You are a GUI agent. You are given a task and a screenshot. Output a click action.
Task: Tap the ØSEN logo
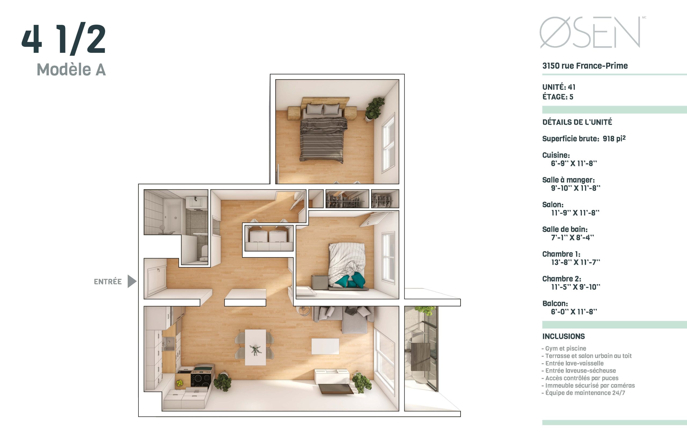(x=590, y=32)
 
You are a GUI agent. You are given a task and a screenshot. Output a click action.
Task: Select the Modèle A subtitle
(x=71, y=69)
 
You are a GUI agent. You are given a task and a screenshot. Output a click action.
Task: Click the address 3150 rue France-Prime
(x=585, y=66)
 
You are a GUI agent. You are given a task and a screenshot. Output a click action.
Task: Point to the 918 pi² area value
(x=614, y=138)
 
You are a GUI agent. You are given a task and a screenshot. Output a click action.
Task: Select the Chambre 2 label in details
(x=561, y=279)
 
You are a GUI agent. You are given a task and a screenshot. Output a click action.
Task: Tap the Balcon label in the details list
(x=555, y=304)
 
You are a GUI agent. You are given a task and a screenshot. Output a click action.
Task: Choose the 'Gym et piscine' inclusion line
(x=564, y=348)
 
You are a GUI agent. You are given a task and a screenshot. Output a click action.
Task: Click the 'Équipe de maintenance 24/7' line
(x=583, y=393)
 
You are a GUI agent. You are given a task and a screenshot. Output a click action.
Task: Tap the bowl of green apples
(x=180, y=383)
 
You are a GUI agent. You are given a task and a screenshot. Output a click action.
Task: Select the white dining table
(x=255, y=347)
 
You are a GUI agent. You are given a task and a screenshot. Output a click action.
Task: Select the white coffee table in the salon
(x=325, y=346)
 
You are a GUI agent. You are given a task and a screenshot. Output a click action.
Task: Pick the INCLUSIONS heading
(x=564, y=336)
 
